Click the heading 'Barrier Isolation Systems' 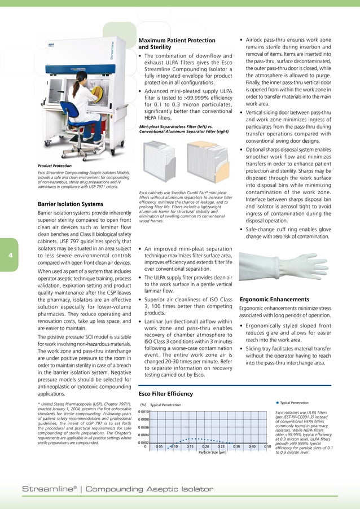(x=69, y=204)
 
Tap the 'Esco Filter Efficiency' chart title (x=165, y=393)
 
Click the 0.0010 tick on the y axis (x=143, y=411)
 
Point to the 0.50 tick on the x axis (x=268, y=447)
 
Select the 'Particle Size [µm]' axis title (x=213, y=452)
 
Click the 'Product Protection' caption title (x=54, y=165)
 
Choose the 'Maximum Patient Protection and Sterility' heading (x=177, y=44)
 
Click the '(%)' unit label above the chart (x=143, y=405)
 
